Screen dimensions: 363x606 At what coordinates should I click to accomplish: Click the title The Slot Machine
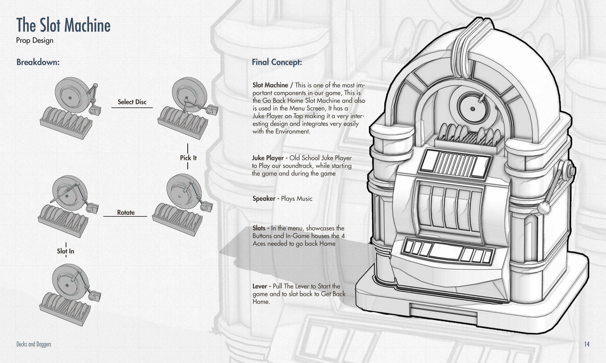[x=63, y=25]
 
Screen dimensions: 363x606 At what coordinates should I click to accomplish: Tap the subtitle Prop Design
[x=35, y=40]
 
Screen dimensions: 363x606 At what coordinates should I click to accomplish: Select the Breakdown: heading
[x=38, y=62]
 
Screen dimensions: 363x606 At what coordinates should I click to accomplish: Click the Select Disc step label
[x=132, y=102]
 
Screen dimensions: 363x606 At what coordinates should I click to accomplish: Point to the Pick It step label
[x=188, y=158]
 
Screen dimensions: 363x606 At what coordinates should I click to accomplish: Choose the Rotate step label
[x=126, y=212]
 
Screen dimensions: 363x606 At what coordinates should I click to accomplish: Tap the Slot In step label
[x=65, y=251]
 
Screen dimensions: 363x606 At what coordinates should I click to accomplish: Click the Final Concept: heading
[x=277, y=62]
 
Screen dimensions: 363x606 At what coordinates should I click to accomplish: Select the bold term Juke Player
[x=268, y=158]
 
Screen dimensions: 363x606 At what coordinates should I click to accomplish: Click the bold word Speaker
[x=264, y=199]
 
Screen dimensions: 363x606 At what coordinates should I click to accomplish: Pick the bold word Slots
[x=259, y=228]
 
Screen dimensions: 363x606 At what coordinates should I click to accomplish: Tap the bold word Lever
[x=260, y=286]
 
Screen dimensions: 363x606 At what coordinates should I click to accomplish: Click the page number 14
[x=586, y=344]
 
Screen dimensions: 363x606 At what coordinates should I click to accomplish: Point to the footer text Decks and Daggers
[x=34, y=344]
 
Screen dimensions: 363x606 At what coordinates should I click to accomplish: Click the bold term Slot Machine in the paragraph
[x=270, y=85]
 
